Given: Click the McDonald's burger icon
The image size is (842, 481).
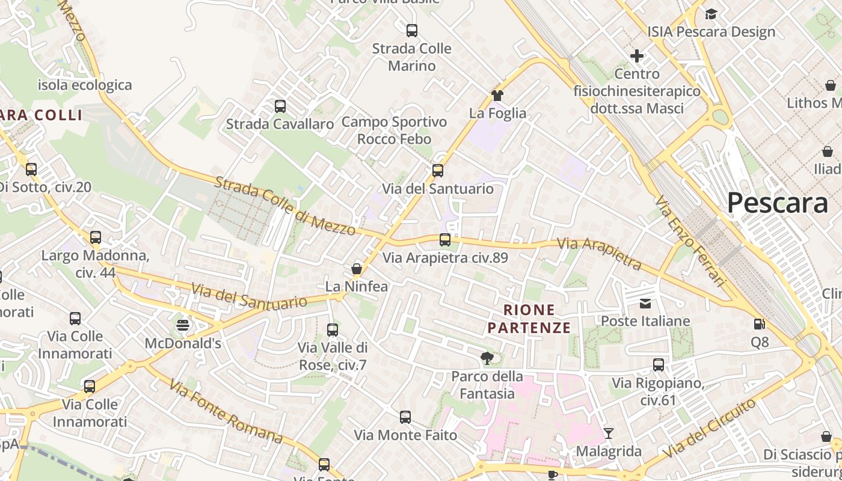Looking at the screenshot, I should click(183, 325).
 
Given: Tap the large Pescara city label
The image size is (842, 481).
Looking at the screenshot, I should click(777, 203).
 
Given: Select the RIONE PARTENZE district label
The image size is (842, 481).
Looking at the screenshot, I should click(529, 319).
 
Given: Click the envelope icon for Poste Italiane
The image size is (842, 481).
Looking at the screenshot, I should click(645, 304).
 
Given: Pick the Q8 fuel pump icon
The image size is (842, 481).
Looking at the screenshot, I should click(760, 324).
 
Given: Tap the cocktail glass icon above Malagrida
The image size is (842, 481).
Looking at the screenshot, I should click(609, 433).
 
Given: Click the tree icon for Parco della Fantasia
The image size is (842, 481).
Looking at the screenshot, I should click(487, 359).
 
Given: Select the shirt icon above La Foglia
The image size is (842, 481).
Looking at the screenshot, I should click(497, 95).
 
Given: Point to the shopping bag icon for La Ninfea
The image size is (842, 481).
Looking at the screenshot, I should click(357, 268).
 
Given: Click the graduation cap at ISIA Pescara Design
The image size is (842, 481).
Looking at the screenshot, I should click(711, 14).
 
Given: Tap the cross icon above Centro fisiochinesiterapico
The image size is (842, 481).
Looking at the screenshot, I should click(637, 57).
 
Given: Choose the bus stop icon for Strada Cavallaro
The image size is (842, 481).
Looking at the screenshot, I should click(280, 106).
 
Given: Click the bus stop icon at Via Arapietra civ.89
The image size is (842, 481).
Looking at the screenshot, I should click(445, 240).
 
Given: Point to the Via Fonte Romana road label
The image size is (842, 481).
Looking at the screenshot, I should click(226, 411).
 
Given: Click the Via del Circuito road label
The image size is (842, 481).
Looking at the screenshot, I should click(711, 428).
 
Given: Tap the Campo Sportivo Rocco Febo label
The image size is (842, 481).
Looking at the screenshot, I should click(394, 130).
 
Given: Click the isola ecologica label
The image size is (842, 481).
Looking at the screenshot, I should click(85, 85).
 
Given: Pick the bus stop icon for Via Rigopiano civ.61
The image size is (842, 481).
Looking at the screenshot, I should click(659, 365).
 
